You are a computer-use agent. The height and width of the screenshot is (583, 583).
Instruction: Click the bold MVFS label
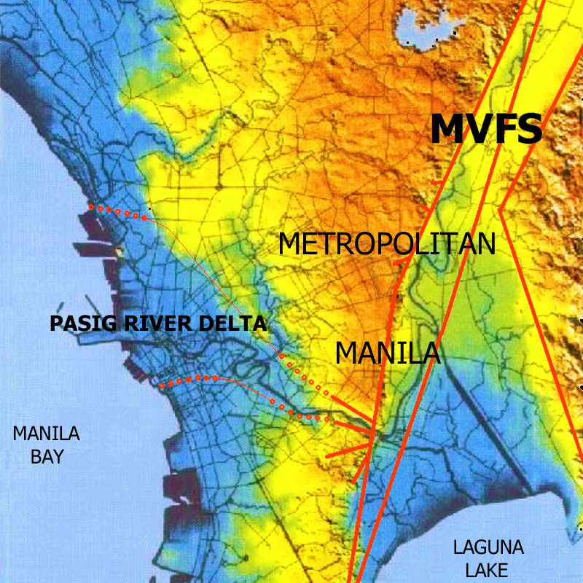click(x=486, y=129)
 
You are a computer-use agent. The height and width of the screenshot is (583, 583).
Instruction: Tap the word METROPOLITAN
click(x=387, y=244)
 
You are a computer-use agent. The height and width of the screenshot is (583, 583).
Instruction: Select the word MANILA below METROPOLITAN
click(x=388, y=353)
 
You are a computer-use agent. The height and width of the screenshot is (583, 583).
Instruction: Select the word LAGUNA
click(x=488, y=548)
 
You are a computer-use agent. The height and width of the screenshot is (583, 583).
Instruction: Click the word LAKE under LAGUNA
click(x=488, y=569)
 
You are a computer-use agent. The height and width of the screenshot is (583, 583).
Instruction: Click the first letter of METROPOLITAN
click(x=291, y=244)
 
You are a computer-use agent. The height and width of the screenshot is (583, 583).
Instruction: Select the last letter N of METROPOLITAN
click(x=485, y=244)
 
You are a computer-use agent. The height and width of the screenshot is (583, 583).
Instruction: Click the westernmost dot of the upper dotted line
click(x=91, y=207)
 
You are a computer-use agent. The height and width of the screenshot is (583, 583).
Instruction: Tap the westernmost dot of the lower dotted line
click(x=162, y=386)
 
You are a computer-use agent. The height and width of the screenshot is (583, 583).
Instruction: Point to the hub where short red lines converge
click(x=373, y=436)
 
